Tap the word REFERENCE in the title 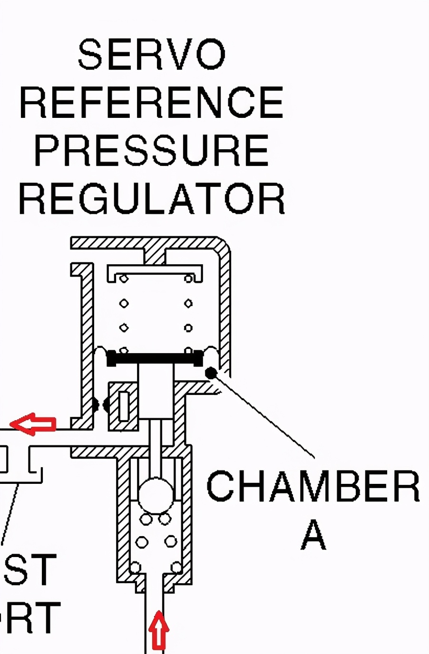coord(151,102)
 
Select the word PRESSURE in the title coord(151,150)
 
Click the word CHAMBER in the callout coord(313,486)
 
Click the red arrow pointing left coord(33,423)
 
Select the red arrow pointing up coord(158,630)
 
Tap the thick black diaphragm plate coord(155,358)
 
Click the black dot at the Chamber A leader coord(211,373)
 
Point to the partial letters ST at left coord(29,569)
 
